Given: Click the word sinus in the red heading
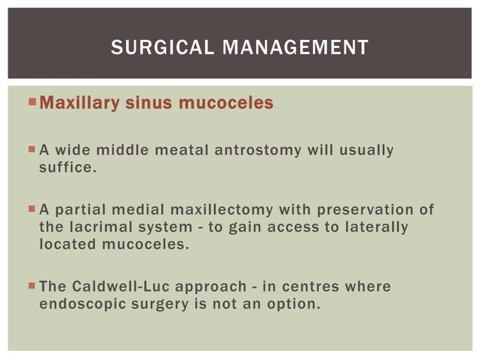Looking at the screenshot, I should pyautogui.click(x=146, y=102).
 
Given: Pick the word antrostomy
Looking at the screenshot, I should pyautogui.click(x=258, y=151).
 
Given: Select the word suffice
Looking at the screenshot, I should pyautogui.click(x=67, y=167).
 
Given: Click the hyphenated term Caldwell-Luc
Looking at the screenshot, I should pyautogui.click(x=113, y=287).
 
